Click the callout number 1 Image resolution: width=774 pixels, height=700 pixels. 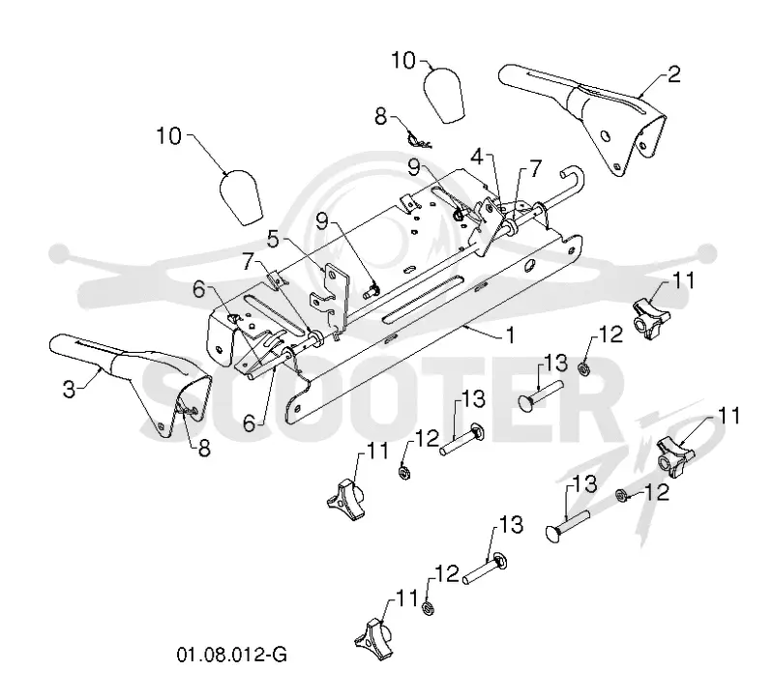(x=511, y=335)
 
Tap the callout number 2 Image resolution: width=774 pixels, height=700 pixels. (x=673, y=74)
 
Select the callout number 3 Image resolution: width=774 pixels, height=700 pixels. (x=69, y=390)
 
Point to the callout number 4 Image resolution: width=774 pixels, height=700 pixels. (x=477, y=158)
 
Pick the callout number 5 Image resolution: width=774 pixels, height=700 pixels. (x=273, y=239)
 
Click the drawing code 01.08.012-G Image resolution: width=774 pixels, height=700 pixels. (x=232, y=656)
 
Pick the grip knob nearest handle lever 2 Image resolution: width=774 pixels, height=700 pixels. (x=443, y=95)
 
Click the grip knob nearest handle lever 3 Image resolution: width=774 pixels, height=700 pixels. (x=240, y=197)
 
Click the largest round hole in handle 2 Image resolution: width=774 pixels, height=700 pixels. (x=605, y=134)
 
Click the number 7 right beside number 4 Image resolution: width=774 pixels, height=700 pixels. (x=536, y=168)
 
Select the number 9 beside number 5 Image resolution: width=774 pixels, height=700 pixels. (x=322, y=222)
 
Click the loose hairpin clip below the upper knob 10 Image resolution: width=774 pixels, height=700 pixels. (x=419, y=140)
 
